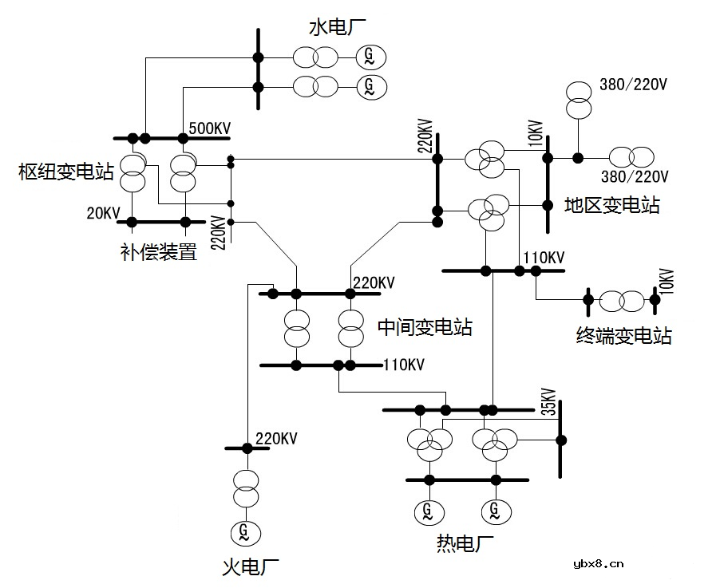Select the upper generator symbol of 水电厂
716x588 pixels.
pos(369,56)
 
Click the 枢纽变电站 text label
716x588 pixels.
pos(67,172)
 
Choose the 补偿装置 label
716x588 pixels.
pos(159,253)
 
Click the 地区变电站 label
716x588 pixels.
pos(611,205)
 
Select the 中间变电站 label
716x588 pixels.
pos(424,326)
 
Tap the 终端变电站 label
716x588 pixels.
pos(623,335)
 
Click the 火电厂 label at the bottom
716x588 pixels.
pos(250,567)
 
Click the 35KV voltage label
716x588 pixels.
pos(548,402)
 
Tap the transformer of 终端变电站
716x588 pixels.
pos(621,301)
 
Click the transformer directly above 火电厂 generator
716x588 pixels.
pos(245,488)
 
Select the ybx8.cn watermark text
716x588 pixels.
pos(598,565)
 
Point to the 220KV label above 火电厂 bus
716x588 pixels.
pos(276,438)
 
